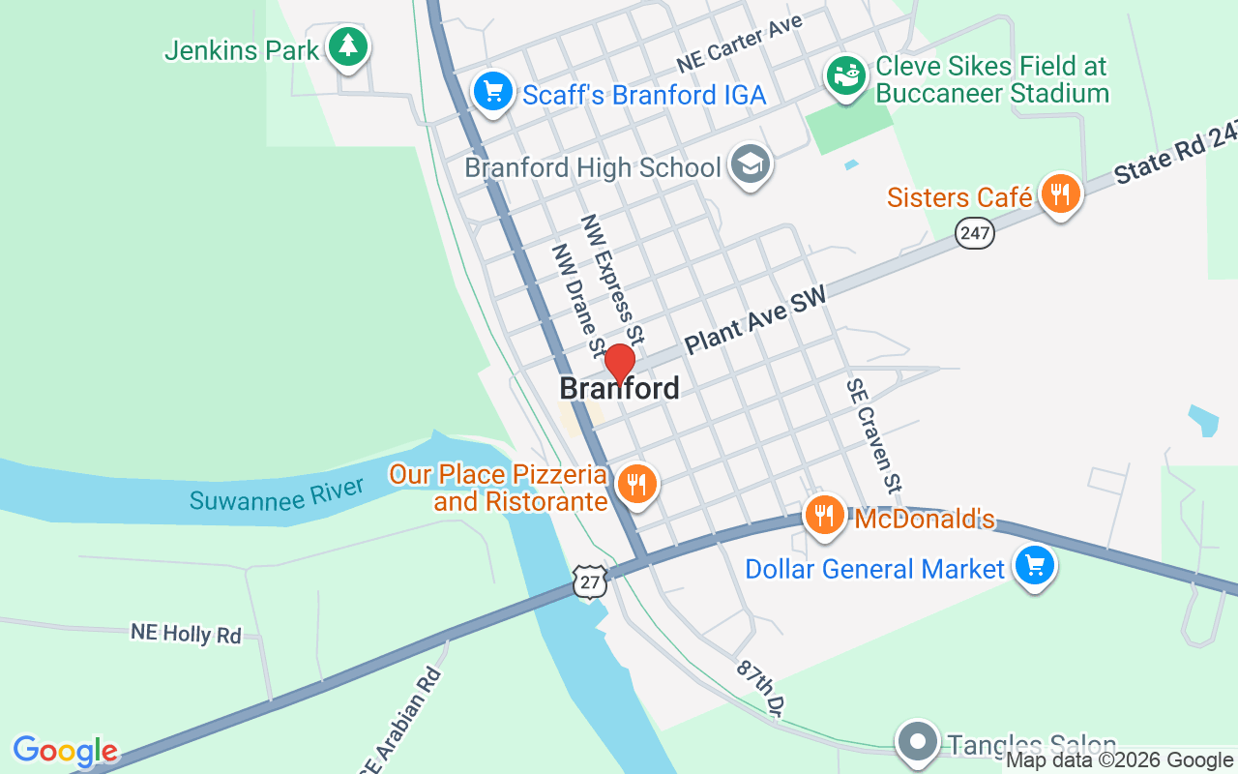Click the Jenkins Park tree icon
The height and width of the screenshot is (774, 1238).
coord(347,45)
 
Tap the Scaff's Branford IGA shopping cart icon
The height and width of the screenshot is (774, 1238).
coord(493,92)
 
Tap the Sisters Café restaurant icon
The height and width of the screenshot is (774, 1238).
coord(1061,193)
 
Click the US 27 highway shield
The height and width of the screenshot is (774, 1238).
coord(590,580)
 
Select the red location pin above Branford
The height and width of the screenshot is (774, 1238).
coord(620,363)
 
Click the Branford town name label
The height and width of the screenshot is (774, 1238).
coord(619,389)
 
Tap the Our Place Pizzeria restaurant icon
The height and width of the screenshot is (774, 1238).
coord(635,483)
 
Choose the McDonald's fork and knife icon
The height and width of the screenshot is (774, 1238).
coord(824,515)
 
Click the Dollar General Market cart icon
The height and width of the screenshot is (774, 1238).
coord(1034,564)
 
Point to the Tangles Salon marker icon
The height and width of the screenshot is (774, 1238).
coord(918,741)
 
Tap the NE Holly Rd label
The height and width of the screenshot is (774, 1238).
coord(186,634)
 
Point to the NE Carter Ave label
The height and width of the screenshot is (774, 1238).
coord(740,45)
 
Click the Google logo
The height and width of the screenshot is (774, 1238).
coord(65,751)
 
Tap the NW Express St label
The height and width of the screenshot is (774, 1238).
coord(612,279)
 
